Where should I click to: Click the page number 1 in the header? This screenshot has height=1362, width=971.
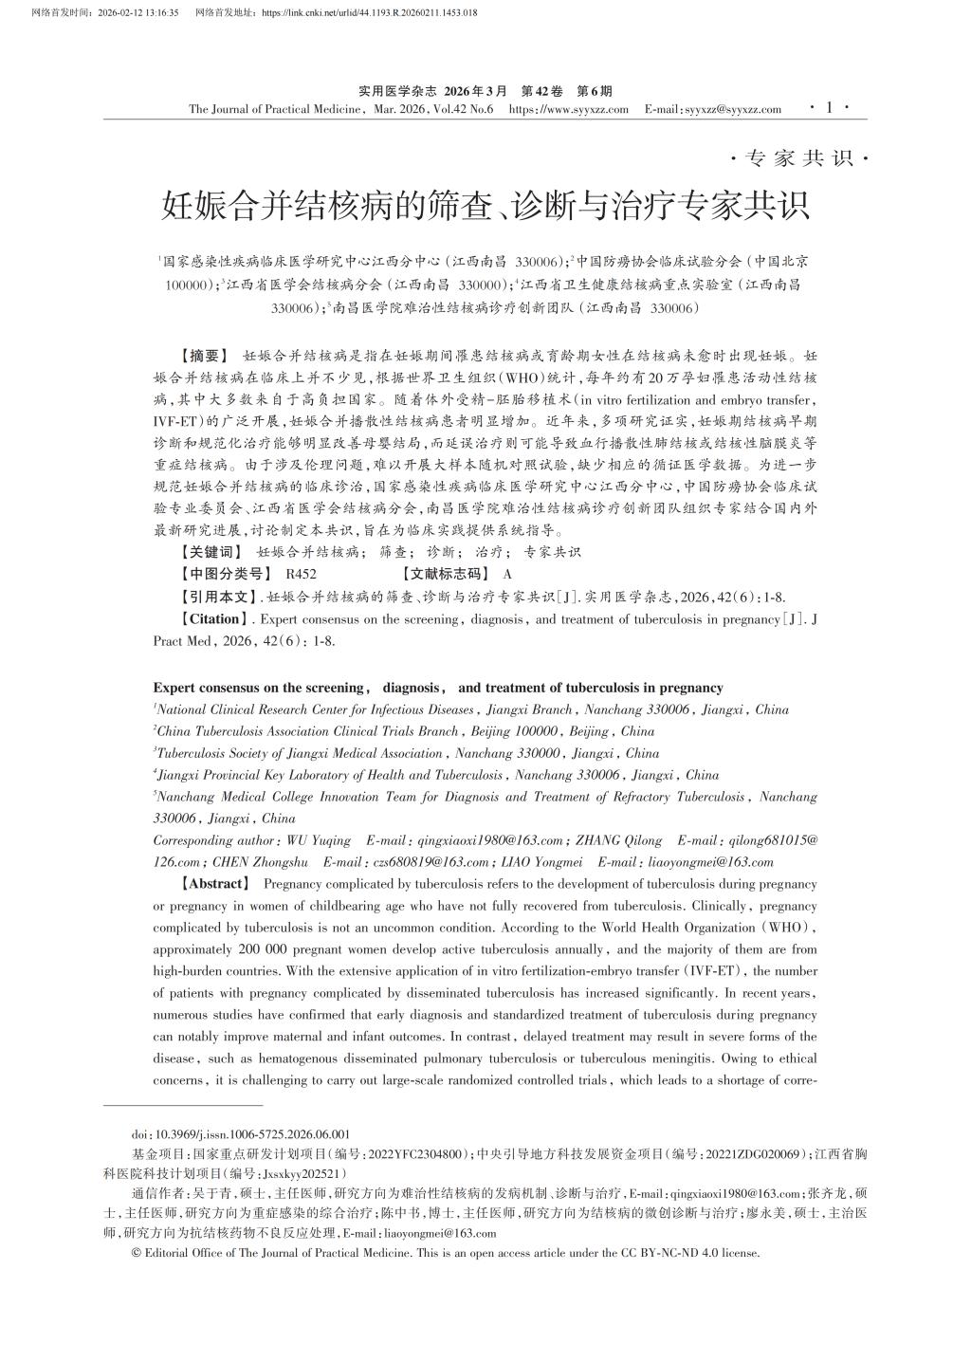(x=830, y=108)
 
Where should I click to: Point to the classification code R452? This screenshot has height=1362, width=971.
(x=301, y=574)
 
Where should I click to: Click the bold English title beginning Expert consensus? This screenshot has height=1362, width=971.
(x=437, y=688)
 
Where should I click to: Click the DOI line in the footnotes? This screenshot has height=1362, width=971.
(x=241, y=1133)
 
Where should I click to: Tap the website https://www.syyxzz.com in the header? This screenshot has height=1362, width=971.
(x=569, y=109)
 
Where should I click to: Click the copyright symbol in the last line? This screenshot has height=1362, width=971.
(x=137, y=1253)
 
